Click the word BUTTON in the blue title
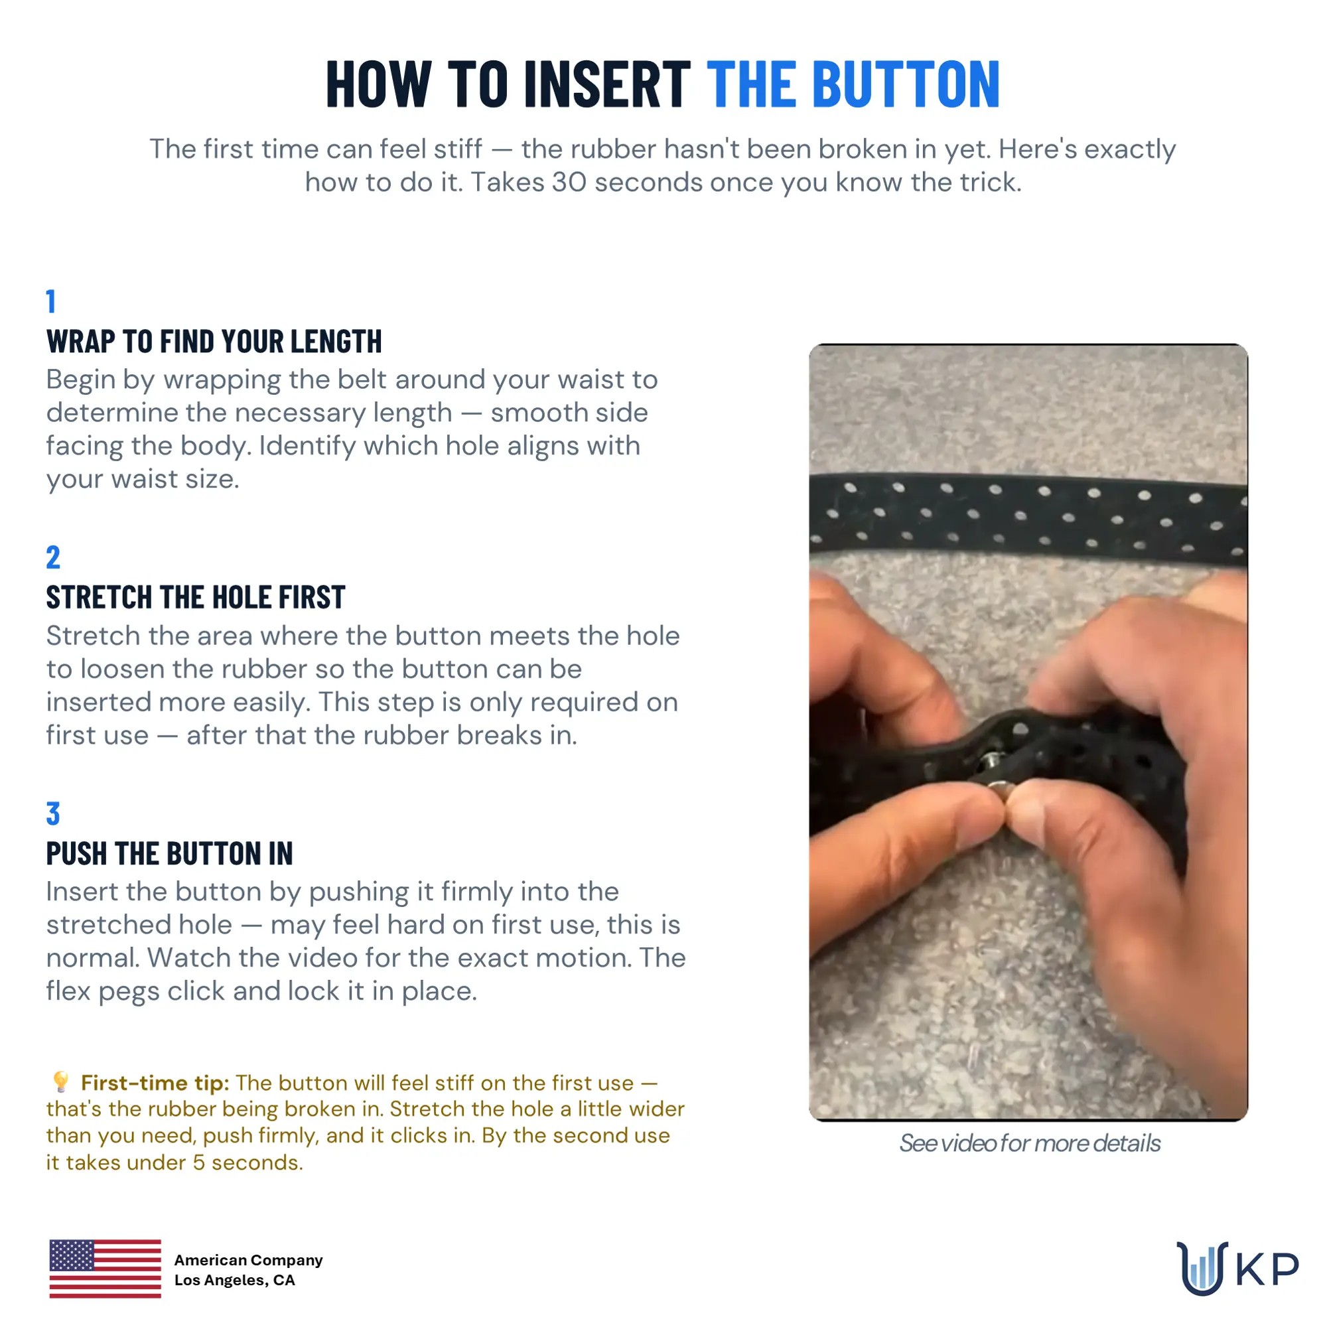click(x=906, y=84)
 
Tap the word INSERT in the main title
click(x=607, y=84)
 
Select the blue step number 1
click(x=51, y=301)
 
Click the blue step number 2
click(x=53, y=557)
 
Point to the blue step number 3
click(x=53, y=813)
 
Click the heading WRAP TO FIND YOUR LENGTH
click(x=214, y=341)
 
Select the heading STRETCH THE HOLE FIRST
click(x=196, y=598)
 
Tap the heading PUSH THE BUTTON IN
click(x=170, y=854)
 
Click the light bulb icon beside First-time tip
click(x=61, y=1082)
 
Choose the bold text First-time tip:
click(x=155, y=1083)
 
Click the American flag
click(x=105, y=1269)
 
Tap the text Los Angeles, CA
click(x=234, y=1281)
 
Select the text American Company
click(x=248, y=1261)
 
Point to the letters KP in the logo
click(x=1268, y=1269)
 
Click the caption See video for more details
click(x=1030, y=1144)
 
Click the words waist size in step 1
click(x=175, y=480)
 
